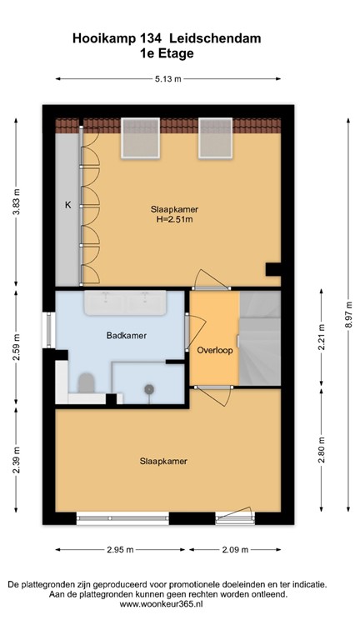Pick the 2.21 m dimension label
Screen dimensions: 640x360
(x=320, y=339)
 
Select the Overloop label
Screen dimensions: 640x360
(x=214, y=351)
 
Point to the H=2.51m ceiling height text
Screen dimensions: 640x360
(x=175, y=220)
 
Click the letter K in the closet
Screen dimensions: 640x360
(x=67, y=204)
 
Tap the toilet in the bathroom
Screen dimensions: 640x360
(x=85, y=382)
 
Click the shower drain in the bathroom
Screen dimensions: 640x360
(x=150, y=388)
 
